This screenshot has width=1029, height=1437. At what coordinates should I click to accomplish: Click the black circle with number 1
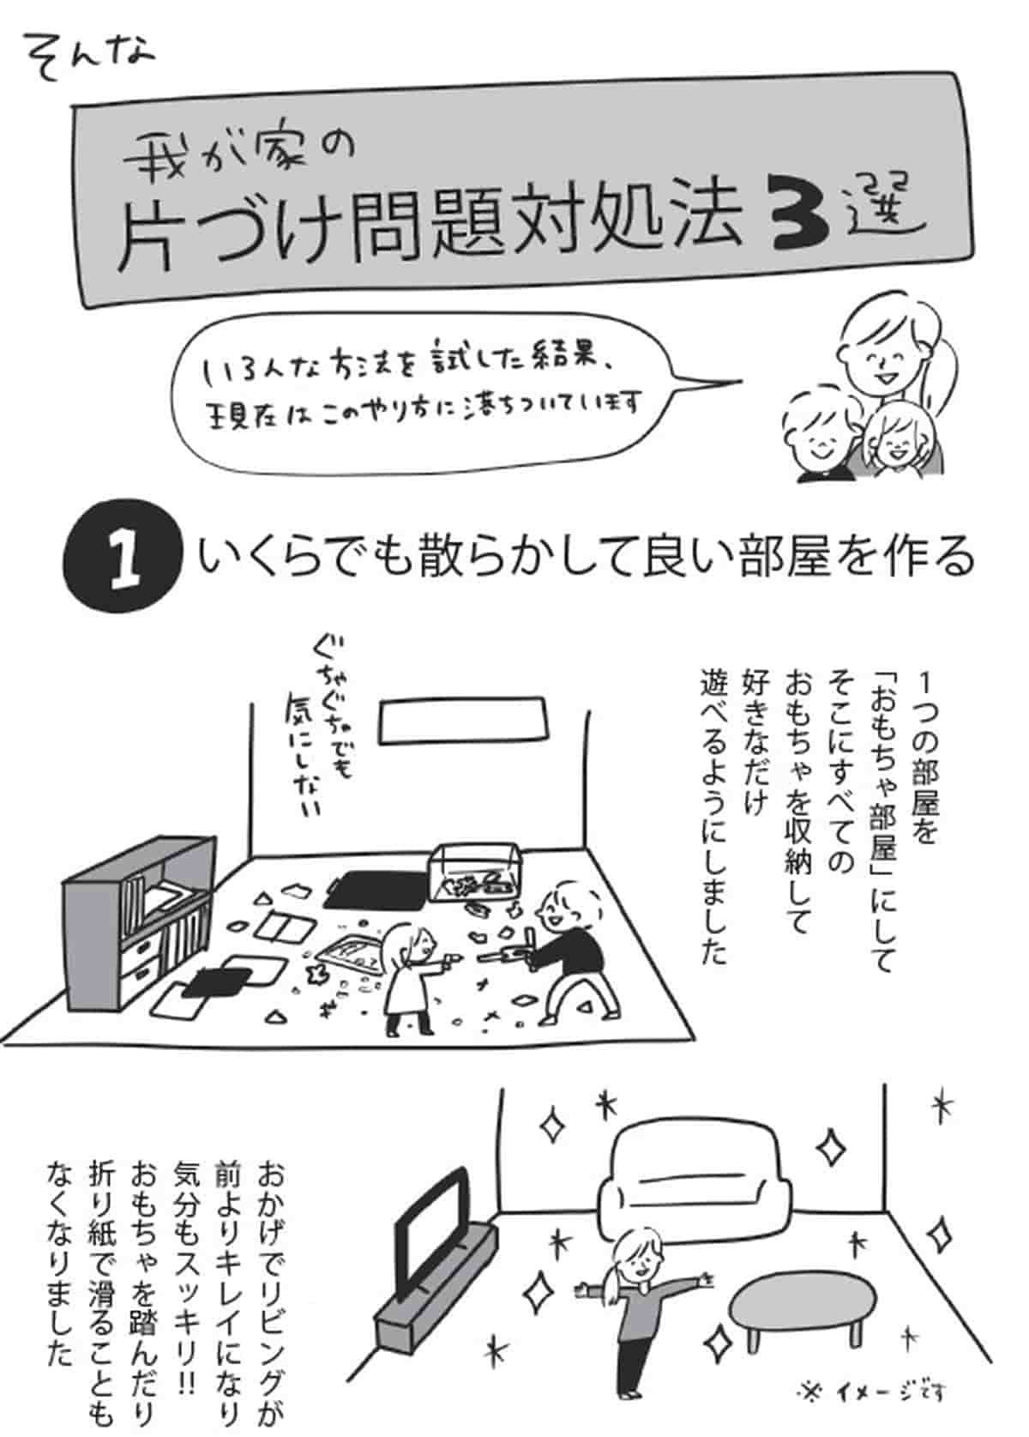coord(123,558)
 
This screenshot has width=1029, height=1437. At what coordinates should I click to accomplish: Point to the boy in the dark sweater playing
coord(570,948)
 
